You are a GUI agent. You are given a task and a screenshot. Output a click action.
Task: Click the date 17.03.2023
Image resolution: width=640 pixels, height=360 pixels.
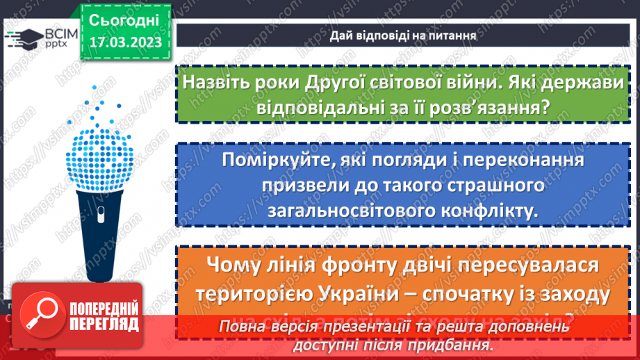tap(125, 42)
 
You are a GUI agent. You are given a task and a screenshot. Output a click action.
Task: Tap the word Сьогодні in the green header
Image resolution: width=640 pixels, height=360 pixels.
tap(124, 19)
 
